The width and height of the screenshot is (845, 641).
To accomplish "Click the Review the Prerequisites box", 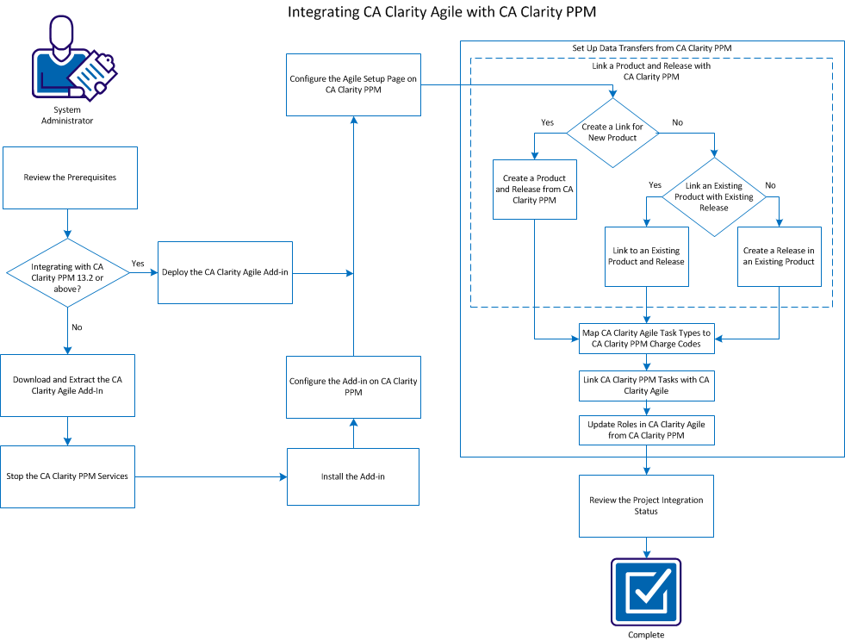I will [70, 177].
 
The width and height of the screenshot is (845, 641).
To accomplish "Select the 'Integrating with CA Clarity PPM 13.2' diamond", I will [67, 272].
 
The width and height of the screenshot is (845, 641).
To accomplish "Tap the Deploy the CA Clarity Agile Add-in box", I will [225, 272].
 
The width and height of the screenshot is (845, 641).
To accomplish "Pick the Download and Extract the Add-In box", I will [68, 385].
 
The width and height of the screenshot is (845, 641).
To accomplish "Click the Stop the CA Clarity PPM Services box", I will [67, 476].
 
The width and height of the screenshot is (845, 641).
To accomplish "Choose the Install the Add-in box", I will [352, 476].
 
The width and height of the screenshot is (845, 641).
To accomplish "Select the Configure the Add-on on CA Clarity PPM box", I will [353, 387].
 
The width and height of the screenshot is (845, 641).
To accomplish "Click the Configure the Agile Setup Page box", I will [353, 84].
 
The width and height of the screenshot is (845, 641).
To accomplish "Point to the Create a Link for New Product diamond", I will [611, 132].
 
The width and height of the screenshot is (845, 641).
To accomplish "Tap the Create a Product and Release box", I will [534, 189].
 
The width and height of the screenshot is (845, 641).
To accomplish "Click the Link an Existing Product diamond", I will [713, 196].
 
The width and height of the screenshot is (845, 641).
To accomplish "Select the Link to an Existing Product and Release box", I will [646, 256].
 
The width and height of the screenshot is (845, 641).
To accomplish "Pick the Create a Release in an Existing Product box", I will [779, 256].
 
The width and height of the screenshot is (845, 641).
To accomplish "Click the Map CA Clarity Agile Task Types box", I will [646, 339].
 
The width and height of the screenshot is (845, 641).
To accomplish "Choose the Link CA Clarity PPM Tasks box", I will [646, 385].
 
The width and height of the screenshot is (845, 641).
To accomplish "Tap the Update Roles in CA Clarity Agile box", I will [646, 430].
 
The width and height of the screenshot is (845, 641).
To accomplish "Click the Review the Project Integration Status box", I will [646, 506].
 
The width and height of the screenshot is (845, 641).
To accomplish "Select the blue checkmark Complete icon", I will [646, 592].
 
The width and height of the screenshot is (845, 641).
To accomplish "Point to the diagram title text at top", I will [442, 12].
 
